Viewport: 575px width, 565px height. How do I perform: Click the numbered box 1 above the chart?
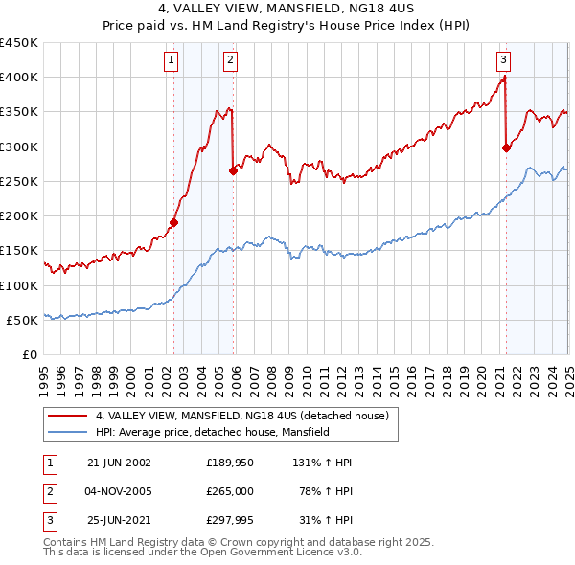coord(171,59)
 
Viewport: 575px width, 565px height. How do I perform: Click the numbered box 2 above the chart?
coord(231,59)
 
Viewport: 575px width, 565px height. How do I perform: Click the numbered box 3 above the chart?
coord(503,59)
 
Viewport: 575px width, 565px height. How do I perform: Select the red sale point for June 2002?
coord(173,222)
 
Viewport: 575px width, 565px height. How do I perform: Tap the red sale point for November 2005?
coord(233,170)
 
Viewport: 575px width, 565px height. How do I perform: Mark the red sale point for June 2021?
coord(506,147)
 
